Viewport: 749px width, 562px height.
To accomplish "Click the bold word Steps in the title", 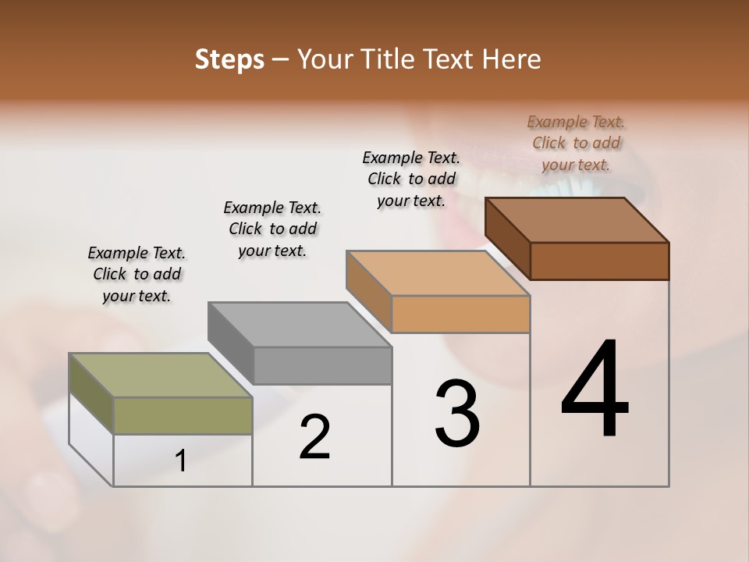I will point(229,59).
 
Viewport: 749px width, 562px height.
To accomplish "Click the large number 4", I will point(595,389).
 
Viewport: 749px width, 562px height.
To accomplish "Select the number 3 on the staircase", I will point(457,414).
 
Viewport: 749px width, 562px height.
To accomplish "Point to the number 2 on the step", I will point(314,436).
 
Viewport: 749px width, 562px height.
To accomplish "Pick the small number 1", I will point(181,461).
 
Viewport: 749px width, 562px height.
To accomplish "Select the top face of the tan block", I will point(438,273).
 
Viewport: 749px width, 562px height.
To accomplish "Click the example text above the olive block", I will point(137,274).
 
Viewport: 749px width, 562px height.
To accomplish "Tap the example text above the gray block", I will point(272,229).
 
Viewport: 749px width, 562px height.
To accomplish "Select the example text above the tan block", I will point(411,179).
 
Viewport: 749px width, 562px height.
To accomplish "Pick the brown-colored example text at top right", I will point(576,143).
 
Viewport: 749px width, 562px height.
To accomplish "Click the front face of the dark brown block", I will point(599,261).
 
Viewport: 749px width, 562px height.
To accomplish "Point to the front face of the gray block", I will point(322,365).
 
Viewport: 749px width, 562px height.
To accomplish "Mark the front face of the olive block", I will point(183,415).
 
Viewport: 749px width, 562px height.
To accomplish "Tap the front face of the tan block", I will point(460,314).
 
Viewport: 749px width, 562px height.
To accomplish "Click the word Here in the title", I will point(513,59).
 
